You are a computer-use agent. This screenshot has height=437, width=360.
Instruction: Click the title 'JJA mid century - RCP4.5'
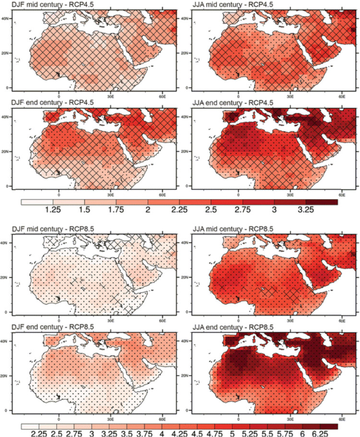tap(226, 4)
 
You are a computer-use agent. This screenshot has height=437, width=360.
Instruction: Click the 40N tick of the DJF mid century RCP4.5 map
tap(6, 17)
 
